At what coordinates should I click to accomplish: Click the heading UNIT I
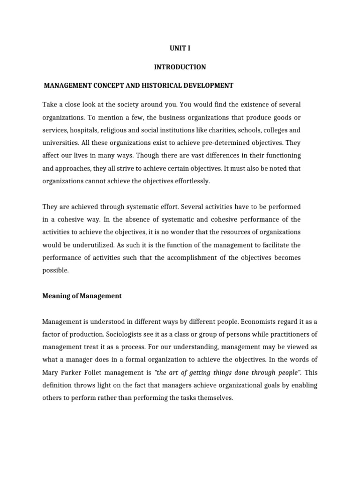(180, 48)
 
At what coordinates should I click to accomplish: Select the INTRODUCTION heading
(180, 67)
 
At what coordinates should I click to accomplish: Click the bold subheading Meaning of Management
(82, 296)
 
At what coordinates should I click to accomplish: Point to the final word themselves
(213, 385)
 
